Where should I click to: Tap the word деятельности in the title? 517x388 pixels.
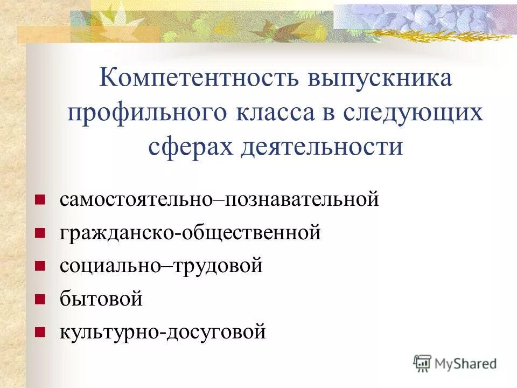322,146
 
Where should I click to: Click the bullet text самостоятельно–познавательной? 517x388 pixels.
220,200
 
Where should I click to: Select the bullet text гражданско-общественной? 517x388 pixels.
190,233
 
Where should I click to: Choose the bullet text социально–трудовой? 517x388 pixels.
161,266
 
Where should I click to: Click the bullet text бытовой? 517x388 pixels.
101,299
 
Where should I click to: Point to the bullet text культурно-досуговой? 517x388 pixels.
163,331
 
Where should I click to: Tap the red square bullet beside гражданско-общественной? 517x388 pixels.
39,234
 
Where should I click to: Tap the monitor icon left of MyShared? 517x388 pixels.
423,363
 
